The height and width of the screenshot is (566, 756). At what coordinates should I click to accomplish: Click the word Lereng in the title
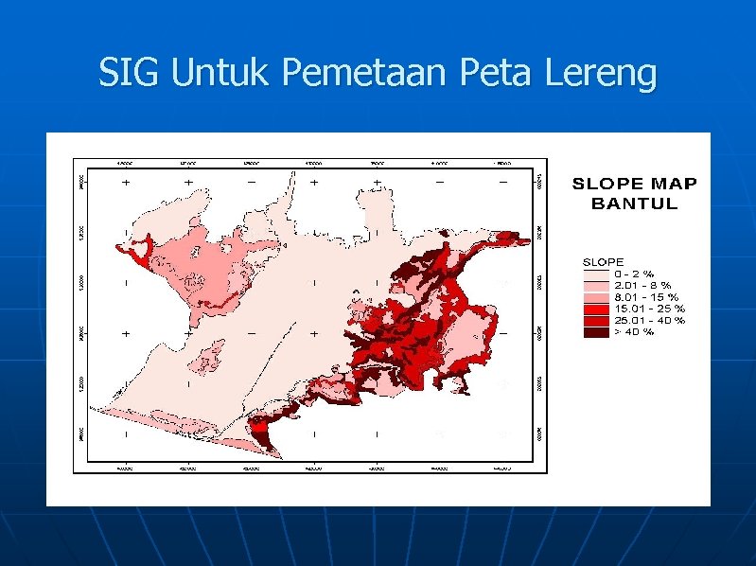point(602,74)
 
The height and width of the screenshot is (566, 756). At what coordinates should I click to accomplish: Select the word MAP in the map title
point(673,184)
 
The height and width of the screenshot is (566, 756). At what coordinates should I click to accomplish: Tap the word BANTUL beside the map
point(635,203)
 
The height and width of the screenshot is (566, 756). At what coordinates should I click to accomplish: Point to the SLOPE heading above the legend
point(602,261)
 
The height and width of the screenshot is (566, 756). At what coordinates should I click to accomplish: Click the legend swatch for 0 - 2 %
point(595,273)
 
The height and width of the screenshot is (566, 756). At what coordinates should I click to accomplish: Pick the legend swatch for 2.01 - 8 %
point(595,284)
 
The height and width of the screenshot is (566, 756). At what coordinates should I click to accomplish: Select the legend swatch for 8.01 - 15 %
point(595,296)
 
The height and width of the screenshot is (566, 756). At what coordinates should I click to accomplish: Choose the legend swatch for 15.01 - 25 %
point(595,308)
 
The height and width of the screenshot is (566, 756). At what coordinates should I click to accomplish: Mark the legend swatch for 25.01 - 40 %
point(595,320)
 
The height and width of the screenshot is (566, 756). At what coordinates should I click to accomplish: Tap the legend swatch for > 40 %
point(595,331)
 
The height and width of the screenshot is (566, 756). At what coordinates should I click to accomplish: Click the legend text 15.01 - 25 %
point(649,308)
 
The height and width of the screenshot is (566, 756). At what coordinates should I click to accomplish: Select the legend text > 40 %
point(635,331)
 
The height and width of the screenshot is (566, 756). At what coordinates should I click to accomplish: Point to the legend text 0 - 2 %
point(635,273)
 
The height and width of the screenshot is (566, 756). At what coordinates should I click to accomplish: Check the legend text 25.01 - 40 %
point(649,320)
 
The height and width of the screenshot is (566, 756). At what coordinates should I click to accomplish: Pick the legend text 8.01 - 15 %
point(647,296)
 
